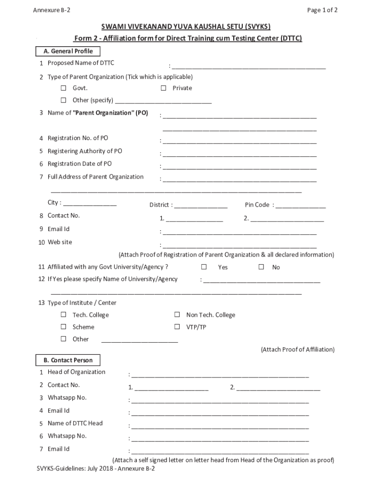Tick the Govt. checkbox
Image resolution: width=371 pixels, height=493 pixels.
(63, 88)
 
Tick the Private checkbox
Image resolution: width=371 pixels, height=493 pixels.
(163, 88)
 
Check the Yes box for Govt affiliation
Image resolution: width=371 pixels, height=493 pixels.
(204, 267)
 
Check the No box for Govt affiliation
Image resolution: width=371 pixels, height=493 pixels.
(261, 267)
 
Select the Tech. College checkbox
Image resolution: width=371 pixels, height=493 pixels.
(63, 315)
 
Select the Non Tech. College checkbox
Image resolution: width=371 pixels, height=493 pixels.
(177, 315)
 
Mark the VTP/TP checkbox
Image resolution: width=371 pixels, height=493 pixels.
(177, 327)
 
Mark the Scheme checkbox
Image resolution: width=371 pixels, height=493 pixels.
(63, 327)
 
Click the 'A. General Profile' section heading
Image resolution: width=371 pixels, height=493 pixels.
(67, 52)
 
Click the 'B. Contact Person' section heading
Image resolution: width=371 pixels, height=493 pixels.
(67, 360)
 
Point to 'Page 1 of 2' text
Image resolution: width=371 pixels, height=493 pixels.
(322, 10)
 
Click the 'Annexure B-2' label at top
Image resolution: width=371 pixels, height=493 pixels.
(52, 10)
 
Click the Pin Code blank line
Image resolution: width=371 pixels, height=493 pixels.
(301, 206)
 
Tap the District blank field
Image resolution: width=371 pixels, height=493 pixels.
(201, 206)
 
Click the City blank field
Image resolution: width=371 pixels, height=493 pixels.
(90, 204)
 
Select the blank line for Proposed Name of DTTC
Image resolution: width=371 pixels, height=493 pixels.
(249, 66)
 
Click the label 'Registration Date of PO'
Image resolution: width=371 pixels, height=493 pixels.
(79, 164)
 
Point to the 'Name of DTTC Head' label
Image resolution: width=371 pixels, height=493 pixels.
(75, 423)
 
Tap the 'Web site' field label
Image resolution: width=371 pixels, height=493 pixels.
(60, 242)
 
